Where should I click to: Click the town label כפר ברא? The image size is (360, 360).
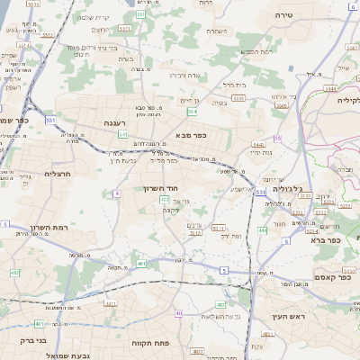tap(323, 240)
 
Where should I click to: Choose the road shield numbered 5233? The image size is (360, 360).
tap(193, 231)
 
